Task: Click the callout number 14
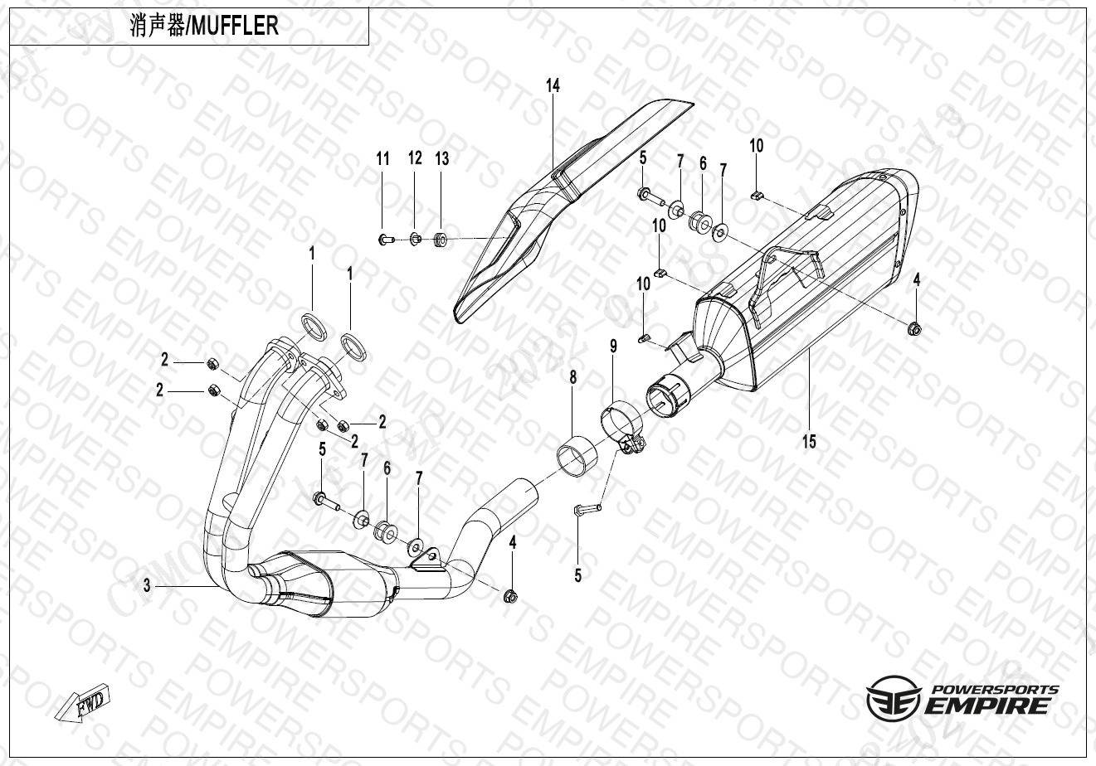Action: (x=553, y=86)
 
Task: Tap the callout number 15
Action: (x=809, y=442)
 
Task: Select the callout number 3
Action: (x=147, y=585)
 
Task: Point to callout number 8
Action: (x=573, y=377)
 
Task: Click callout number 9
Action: (x=614, y=347)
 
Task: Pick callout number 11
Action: (x=382, y=159)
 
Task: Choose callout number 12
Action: (x=415, y=158)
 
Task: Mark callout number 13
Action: (x=442, y=158)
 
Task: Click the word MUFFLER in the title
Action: (x=235, y=26)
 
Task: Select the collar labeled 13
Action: (x=441, y=240)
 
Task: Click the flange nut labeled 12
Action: (x=416, y=239)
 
